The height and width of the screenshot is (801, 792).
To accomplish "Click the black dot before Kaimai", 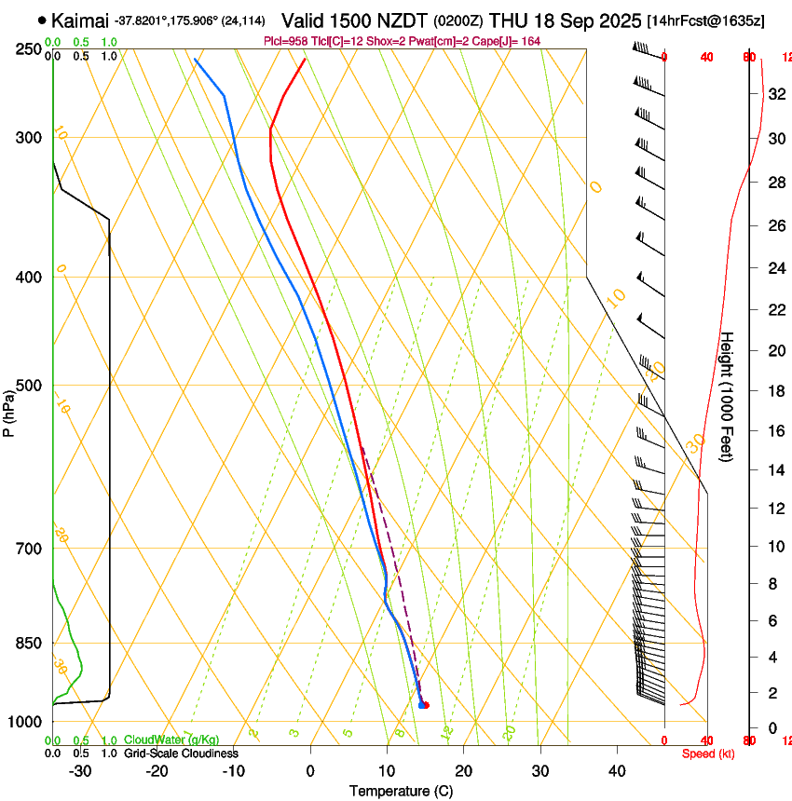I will point(43,20).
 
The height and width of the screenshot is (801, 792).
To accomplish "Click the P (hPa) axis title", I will point(8,409).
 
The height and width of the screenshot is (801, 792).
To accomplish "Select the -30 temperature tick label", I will point(80,770).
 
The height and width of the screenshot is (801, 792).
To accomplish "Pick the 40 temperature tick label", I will point(616,770).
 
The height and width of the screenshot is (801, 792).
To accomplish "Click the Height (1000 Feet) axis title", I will point(727,396).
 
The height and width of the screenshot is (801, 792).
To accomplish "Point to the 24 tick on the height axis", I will point(774,268).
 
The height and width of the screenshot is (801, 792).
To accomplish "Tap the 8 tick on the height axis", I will point(774,584).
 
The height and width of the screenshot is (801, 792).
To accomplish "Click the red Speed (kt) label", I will point(708,753).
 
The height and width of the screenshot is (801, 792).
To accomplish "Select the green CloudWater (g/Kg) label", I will point(171,740).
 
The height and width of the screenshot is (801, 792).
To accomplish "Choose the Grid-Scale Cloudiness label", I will point(181,753).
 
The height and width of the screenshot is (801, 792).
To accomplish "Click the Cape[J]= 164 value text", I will point(508,41).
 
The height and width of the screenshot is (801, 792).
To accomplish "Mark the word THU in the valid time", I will point(510,20).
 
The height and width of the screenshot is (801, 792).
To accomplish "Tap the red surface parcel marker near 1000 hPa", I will point(426,705).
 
